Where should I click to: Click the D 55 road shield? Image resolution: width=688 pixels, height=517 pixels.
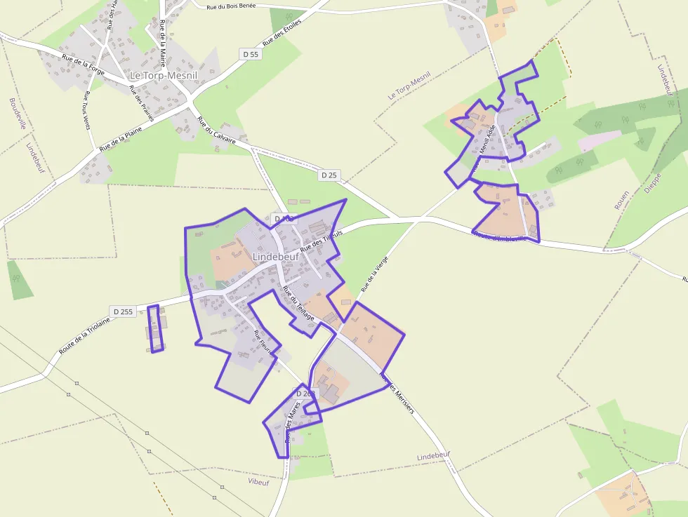[250, 54]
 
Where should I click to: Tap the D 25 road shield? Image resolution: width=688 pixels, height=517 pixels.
[329, 175]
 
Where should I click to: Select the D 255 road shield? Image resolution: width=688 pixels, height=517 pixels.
[122, 311]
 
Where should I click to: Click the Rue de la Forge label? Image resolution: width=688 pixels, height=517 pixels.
[83, 66]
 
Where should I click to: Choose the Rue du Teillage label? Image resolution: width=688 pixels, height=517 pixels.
[298, 302]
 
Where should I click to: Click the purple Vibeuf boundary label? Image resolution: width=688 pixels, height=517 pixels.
[258, 481]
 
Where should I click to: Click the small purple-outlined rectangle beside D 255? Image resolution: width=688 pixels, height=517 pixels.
[155, 328]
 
